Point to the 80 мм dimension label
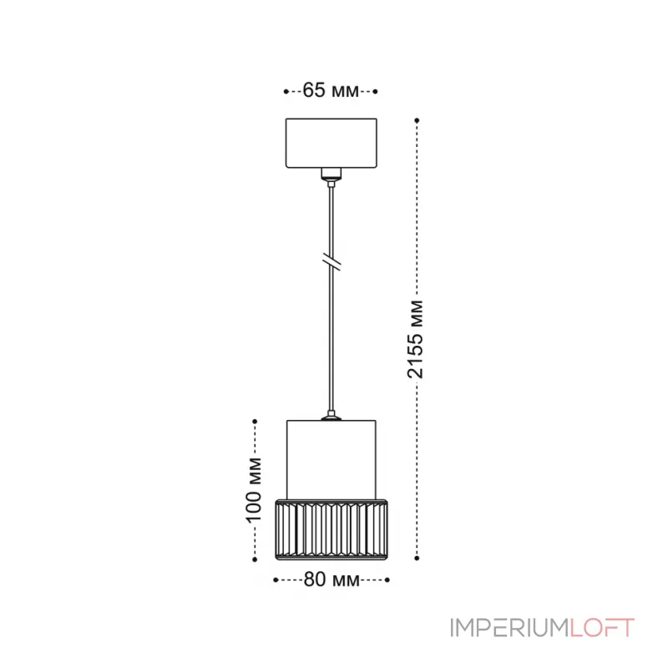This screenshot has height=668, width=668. pos(331,578)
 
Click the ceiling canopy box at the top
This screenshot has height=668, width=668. pos(331,143)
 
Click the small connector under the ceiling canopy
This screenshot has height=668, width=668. pos(332,175)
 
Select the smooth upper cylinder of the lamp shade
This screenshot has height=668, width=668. pos(332,456)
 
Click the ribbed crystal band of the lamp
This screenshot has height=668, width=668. pos(332,529)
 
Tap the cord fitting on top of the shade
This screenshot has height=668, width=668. pos(332,414)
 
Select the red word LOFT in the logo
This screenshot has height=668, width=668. pos(602,628)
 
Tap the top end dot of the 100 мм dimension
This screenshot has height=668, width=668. pos(255,422)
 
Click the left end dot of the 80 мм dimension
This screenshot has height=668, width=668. pos(275,578)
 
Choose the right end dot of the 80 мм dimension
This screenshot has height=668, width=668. pos(389,578)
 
